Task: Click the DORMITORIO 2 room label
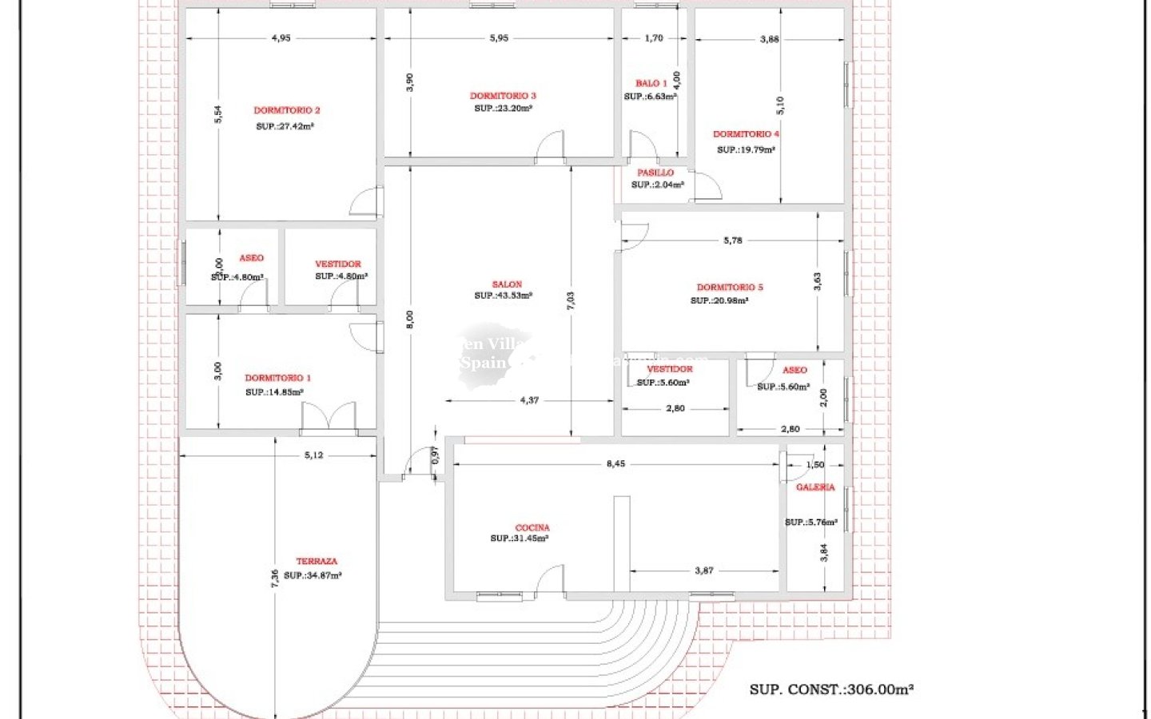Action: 287,110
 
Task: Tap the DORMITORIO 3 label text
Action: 503,96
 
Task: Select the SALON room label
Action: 507,284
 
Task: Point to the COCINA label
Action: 532,527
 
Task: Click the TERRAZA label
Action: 317,562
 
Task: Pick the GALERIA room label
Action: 815,487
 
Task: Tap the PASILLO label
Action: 655,173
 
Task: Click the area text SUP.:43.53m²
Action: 504,296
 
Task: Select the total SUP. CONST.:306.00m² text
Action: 831,689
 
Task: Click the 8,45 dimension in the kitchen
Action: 615,463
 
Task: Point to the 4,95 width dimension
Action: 281,38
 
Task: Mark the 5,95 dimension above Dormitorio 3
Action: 499,38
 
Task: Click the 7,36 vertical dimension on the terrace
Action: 275,578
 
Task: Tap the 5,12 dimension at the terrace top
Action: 313,455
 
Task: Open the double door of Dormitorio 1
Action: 329,417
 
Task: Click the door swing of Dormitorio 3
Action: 550,147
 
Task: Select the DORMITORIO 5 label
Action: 730,288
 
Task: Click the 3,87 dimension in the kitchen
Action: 704,570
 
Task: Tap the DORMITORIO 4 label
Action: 746,134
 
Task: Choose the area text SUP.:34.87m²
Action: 313,575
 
